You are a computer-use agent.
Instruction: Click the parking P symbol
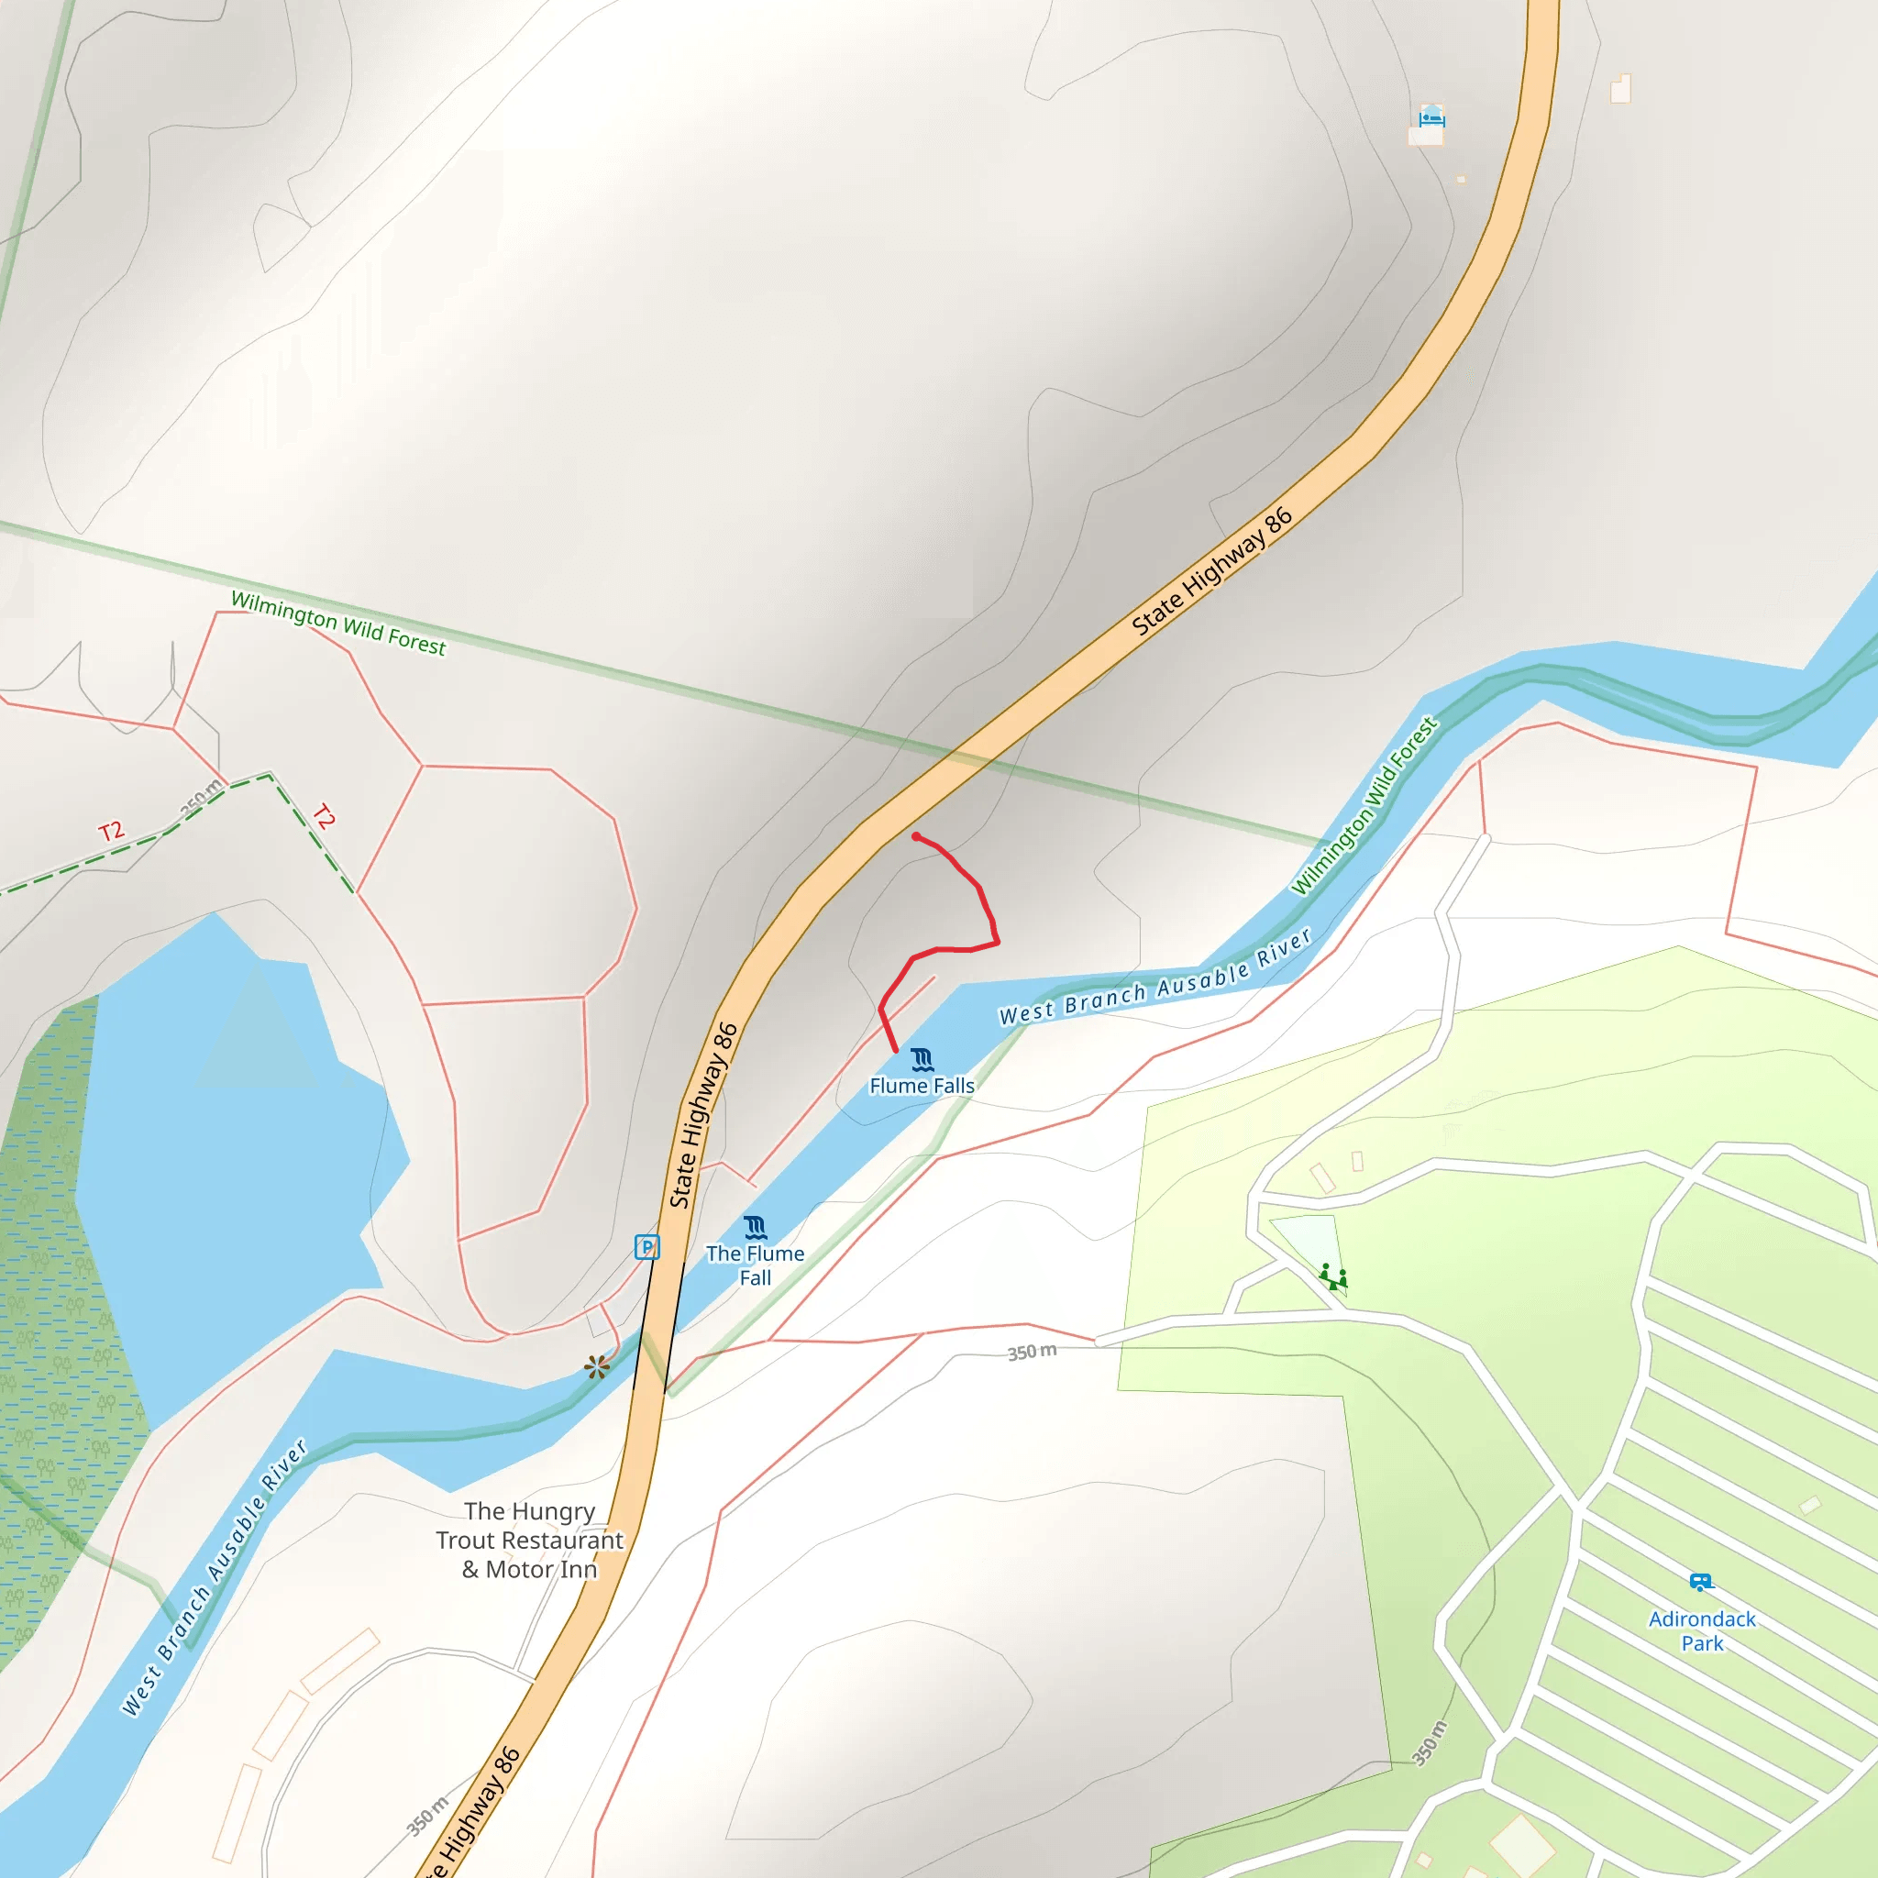pos(646,1247)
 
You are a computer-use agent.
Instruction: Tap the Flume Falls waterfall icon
pos(922,1059)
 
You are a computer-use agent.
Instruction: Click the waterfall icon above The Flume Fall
pos(756,1227)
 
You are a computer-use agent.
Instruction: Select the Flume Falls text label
pos(922,1086)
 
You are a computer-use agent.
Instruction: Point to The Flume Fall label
pos(756,1265)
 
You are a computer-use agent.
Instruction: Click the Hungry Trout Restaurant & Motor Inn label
pos(530,1541)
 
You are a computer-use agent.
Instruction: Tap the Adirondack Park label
pos(1702,1631)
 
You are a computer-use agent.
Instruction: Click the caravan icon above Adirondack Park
pos(1700,1583)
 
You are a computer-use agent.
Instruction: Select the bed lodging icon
pos(1431,117)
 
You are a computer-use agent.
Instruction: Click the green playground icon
pos(1333,1276)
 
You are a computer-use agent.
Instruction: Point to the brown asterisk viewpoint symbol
pos(597,1366)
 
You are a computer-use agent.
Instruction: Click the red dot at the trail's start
pos(916,837)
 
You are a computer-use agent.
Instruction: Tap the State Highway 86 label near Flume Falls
pos(703,1115)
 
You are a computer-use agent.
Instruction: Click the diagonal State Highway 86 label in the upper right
pos(1212,571)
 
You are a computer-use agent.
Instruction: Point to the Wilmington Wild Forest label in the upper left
pos(338,623)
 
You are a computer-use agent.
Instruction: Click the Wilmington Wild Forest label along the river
pos(1364,806)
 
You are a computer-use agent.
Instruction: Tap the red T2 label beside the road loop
pos(324,816)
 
